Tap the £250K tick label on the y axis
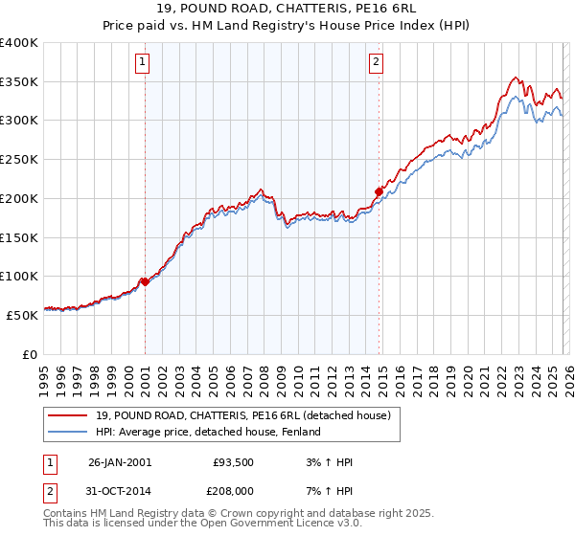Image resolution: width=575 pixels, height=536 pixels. point(19,160)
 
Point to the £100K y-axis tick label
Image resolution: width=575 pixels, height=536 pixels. point(19,277)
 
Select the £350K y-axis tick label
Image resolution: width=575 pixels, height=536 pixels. point(19,82)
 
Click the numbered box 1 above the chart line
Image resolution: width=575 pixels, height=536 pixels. point(142,63)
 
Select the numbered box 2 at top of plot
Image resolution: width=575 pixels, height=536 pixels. point(376,63)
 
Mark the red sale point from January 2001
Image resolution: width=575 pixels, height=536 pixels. point(145,281)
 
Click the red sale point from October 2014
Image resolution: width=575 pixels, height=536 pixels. point(379,191)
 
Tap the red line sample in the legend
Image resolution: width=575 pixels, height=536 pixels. point(69,416)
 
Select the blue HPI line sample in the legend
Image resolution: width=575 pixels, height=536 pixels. point(69,433)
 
